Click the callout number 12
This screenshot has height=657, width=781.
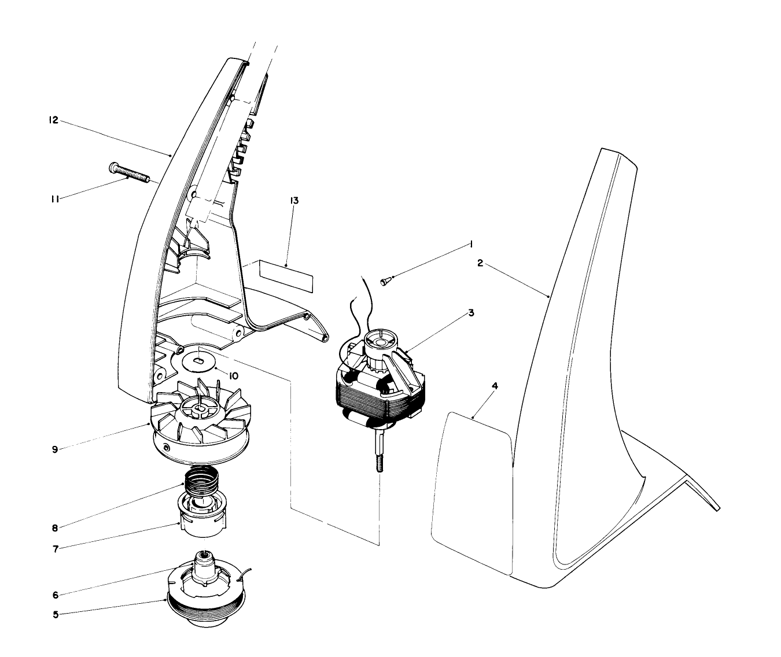(x=53, y=121)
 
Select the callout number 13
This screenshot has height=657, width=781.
(x=294, y=201)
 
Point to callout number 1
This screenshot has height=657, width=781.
(x=471, y=245)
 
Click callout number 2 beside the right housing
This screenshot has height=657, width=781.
(x=480, y=263)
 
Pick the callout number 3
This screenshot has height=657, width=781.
(x=471, y=312)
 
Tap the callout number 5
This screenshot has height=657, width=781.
(x=56, y=615)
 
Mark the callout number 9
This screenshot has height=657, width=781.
(x=55, y=449)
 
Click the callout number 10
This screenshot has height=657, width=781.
(x=233, y=376)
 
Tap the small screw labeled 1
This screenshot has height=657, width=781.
(x=386, y=281)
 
